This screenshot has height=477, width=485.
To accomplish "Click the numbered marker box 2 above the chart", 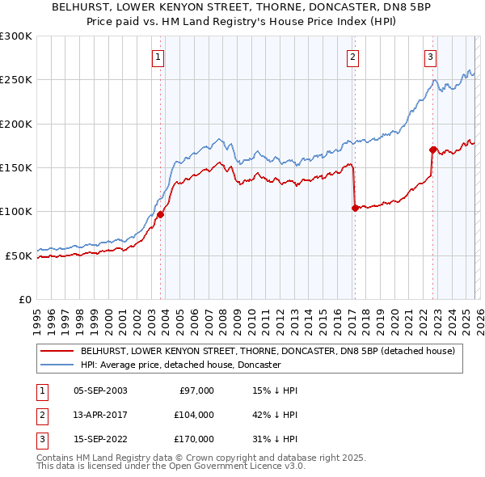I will (353, 57).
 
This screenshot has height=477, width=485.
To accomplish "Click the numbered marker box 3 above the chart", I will (431, 57).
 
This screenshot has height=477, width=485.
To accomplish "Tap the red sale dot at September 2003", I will (160, 214).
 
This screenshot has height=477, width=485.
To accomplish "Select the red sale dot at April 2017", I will (355, 208).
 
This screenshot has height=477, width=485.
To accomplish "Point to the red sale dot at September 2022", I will (432, 150).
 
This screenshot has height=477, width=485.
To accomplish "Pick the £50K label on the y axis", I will (19, 255).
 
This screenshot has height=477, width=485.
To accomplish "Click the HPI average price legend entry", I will (180, 365).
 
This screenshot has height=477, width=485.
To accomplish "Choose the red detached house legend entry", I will (268, 352).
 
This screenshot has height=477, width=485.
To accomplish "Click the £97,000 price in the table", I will (195, 390).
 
